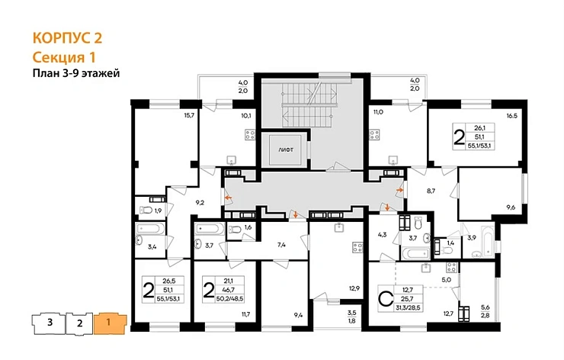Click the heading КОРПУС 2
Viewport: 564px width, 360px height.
(67, 38)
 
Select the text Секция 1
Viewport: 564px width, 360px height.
(64, 57)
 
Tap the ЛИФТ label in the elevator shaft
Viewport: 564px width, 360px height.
(286, 149)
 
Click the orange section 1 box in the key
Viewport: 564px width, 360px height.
(110, 323)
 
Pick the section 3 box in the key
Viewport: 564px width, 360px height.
(49, 323)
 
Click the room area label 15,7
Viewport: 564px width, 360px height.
(189, 115)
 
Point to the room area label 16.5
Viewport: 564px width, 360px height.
(511, 116)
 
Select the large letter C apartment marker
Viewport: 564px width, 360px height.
(386, 298)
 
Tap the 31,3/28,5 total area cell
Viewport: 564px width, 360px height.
(409, 307)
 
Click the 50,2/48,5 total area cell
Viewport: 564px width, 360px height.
(230, 298)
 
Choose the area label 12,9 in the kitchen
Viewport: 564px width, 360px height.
(354, 288)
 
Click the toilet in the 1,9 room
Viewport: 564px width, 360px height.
(146, 210)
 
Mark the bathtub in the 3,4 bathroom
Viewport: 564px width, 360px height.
(150, 229)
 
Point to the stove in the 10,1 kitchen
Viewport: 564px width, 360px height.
(250, 135)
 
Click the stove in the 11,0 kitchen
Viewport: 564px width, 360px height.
(374, 135)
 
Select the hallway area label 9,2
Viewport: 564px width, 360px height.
(200, 203)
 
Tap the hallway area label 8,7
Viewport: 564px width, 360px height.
(431, 191)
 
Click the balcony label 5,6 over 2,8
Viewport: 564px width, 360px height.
(485, 311)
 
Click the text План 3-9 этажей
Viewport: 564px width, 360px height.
(76, 73)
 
